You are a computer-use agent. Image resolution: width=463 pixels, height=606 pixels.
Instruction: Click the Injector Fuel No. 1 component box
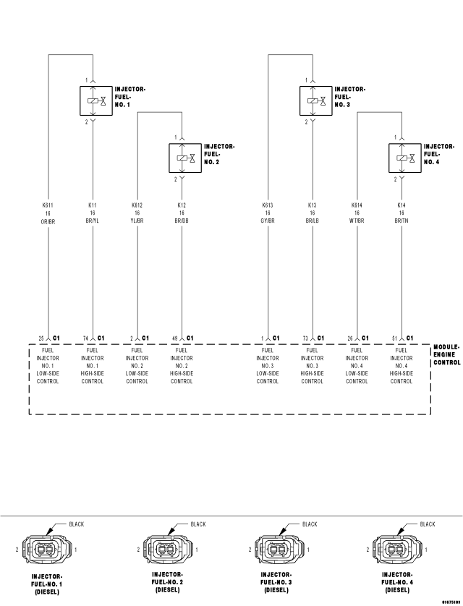click(95, 101)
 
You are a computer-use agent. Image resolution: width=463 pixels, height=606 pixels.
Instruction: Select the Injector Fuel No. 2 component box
click(185, 158)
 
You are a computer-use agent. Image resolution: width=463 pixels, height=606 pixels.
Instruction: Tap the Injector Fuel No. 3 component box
click(315, 101)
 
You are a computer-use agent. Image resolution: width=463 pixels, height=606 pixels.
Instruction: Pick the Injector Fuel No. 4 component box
click(404, 158)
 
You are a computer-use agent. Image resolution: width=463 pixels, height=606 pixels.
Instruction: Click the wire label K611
click(48, 205)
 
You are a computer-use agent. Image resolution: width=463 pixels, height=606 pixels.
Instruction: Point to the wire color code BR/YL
click(93, 221)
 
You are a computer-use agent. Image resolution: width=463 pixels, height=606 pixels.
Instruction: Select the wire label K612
click(137, 205)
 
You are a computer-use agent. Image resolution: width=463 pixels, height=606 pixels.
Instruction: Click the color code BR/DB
click(182, 221)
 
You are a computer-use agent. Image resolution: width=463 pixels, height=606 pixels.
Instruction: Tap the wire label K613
click(268, 205)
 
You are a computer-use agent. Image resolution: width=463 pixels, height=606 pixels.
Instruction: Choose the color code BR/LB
click(313, 221)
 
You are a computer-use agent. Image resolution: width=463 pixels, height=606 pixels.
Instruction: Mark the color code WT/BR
click(357, 221)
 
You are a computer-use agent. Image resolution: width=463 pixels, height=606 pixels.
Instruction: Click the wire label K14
click(402, 205)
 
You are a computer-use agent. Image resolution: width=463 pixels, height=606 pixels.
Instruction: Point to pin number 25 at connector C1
click(41, 338)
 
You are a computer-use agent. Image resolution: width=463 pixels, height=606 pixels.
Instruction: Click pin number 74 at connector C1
click(86, 338)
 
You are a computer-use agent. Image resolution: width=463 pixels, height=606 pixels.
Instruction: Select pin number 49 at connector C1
click(174, 338)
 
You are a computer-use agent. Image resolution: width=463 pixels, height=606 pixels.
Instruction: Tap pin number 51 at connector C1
click(394, 338)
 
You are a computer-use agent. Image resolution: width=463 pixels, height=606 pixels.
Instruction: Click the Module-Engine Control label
click(447, 355)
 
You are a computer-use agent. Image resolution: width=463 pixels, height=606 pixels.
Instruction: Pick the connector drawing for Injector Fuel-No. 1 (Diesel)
click(47, 549)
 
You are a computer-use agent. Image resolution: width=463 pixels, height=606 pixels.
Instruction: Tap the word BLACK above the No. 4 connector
click(428, 524)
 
